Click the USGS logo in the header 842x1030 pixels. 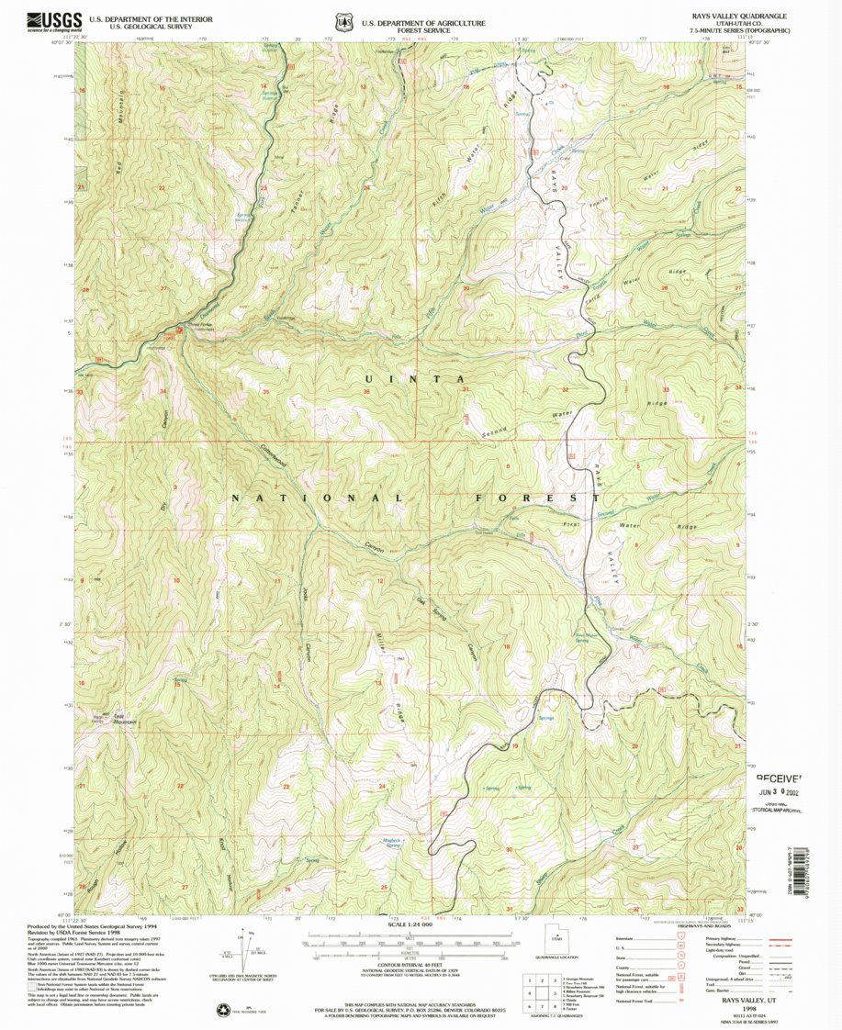[54, 21]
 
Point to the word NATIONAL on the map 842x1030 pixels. [317, 498]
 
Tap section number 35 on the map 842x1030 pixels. [265, 392]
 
